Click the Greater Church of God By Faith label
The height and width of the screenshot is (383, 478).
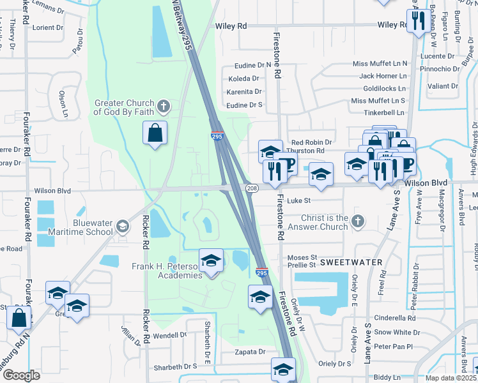click(124, 107)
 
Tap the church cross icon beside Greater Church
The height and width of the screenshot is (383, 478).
click(164, 105)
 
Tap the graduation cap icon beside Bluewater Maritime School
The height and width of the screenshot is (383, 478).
click(121, 226)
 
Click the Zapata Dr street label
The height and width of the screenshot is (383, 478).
click(249, 352)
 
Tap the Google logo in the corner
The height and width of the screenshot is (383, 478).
click(21, 375)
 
